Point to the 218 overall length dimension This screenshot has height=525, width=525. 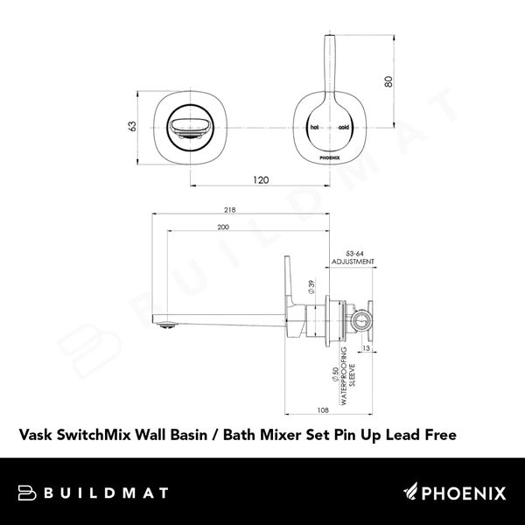229,210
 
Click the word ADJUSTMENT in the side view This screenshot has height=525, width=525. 353,262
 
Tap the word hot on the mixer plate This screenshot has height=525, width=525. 316,128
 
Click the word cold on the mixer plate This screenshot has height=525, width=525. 343,128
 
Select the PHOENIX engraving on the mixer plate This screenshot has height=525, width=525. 330,159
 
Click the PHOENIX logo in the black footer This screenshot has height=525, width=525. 454,493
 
